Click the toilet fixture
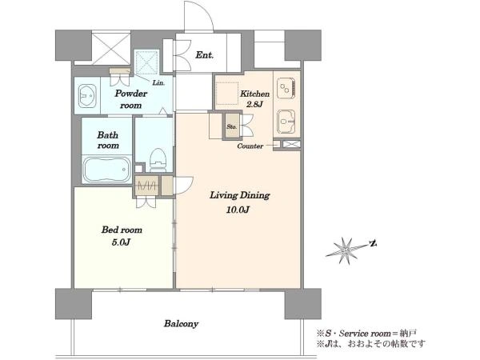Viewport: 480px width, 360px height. click(x=158, y=160)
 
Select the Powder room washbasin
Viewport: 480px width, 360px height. click(x=87, y=96)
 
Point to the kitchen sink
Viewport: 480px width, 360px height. click(x=286, y=122)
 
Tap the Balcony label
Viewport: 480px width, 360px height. click(x=182, y=324)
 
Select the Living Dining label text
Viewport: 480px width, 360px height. click(x=239, y=195)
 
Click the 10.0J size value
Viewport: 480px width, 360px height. click(x=238, y=210)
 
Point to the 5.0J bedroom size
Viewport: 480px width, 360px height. click(x=122, y=242)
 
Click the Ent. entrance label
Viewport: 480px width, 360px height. click(x=205, y=55)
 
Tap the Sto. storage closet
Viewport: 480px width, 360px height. click(x=232, y=126)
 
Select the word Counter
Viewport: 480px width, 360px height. click(x=250, y=146)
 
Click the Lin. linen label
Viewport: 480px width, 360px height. click(x=158, y=82)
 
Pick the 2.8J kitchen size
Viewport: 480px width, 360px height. click(x=254, y=104)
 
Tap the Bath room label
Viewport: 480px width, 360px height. click(x=108, y=140)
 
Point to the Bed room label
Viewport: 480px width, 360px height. click(x=122, y=230)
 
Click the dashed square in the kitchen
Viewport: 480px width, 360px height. click(x=227, y=94)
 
